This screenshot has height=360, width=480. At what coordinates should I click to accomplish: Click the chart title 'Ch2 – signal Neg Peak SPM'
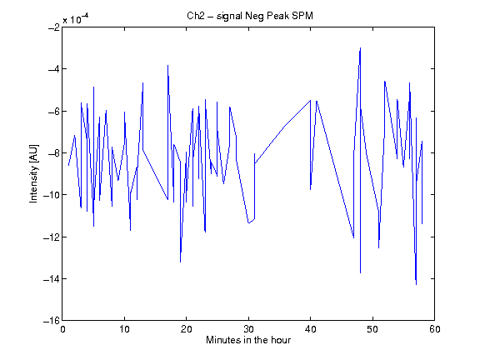coord(250,16)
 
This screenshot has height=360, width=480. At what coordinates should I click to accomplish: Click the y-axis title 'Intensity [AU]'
coord(33,173)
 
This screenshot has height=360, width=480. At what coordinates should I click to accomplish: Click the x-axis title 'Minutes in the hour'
coord(248,340)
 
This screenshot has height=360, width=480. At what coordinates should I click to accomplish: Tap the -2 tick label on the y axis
coord(54,27)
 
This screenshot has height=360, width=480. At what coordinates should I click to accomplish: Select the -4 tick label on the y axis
coord(54,69)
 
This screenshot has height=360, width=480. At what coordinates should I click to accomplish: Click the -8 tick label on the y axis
coord(54,153)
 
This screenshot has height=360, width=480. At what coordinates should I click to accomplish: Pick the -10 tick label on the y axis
coord(52,195)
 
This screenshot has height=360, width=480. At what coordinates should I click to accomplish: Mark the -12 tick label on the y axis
coord(52,237)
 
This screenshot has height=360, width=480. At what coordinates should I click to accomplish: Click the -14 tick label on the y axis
coord(52,279)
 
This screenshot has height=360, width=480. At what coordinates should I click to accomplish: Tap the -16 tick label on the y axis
coord(52,321)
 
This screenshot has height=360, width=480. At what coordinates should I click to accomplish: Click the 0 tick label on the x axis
coord(62,329)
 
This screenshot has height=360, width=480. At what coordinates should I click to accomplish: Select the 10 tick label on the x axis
coord(125,329)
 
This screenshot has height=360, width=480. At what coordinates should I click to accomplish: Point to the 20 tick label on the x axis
coord(187,329)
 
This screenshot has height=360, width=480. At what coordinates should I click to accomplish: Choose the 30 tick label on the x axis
coord(248,329)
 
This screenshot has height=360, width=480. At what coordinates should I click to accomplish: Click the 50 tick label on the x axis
coord(372,329)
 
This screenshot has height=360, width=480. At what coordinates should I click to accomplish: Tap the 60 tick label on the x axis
coord(435,329)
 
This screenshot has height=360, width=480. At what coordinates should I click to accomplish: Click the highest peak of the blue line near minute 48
coord(360,48)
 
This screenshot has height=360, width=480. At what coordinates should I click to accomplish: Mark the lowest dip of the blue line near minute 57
coord(416,284)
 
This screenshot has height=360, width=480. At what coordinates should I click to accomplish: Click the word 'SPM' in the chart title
coord(302,16)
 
